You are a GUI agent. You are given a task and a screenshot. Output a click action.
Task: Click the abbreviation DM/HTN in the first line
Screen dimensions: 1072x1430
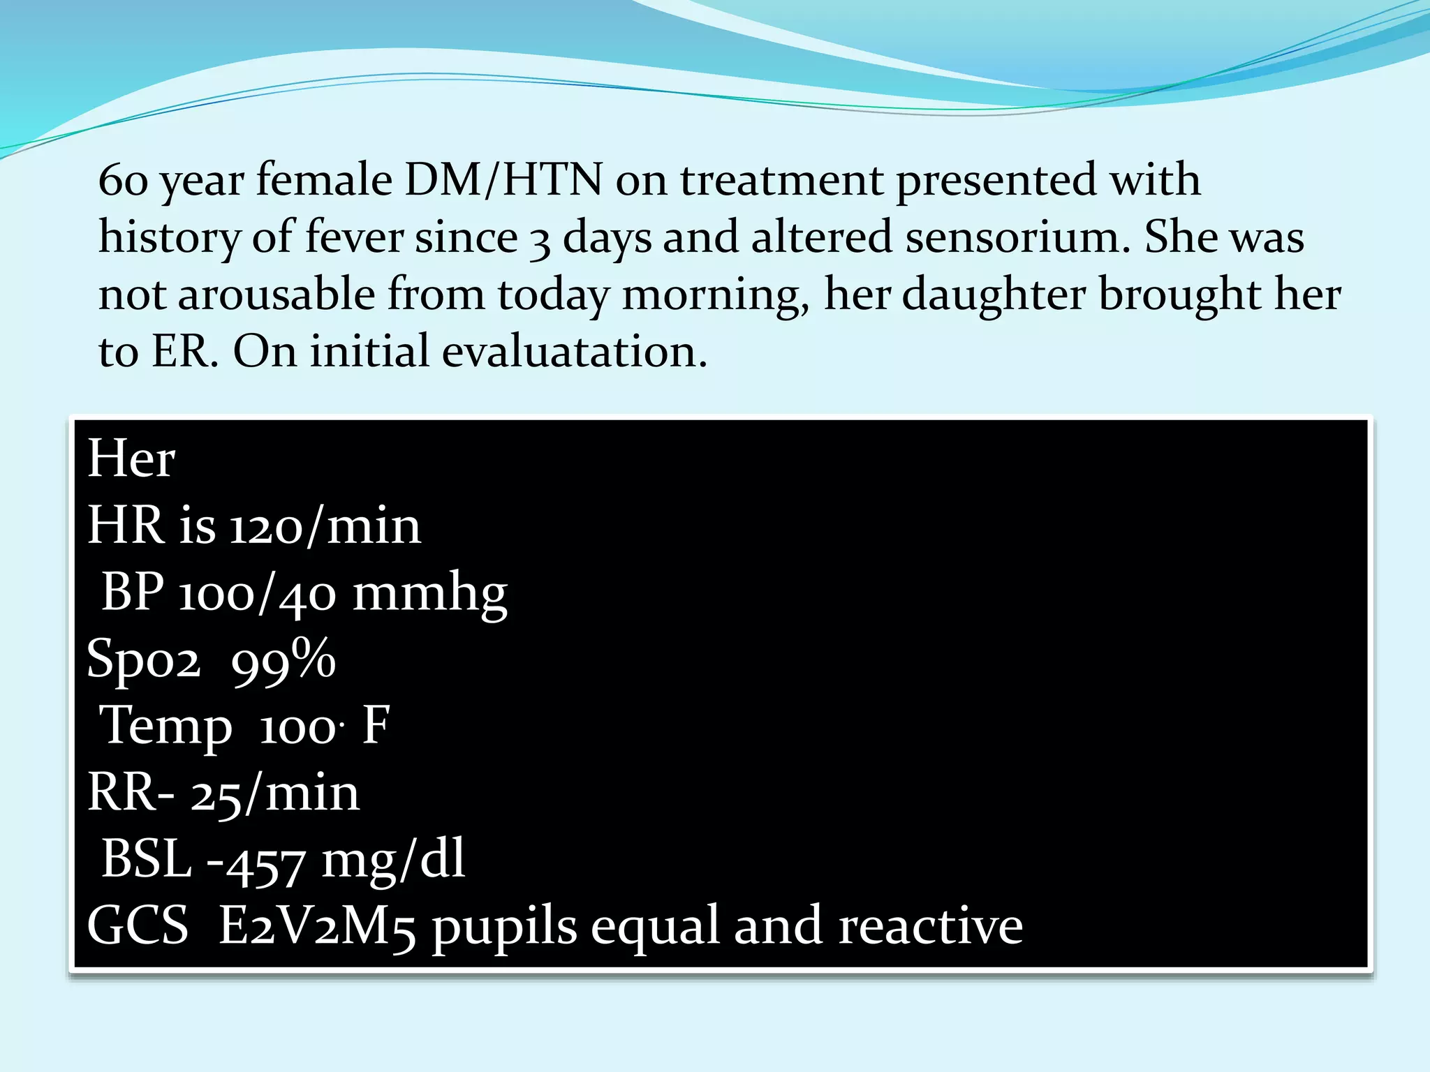[503, 180]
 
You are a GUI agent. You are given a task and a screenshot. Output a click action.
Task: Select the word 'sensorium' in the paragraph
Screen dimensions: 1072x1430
[1017, 237]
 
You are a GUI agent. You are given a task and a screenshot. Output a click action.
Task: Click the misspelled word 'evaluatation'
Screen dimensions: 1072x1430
[574, 351]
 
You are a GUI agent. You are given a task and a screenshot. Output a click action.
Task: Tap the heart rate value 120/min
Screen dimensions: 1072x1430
[325, 526]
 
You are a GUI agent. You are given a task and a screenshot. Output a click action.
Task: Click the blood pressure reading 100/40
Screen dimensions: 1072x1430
[258, 593]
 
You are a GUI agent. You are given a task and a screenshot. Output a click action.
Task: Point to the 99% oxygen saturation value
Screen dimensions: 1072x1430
[283, 660]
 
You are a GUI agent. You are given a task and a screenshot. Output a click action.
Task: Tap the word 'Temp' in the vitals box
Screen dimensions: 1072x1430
[166, 727]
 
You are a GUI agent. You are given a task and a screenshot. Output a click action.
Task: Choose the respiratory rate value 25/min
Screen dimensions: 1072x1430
[275, 794]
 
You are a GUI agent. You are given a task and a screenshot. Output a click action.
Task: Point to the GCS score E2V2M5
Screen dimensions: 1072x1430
[318, 927]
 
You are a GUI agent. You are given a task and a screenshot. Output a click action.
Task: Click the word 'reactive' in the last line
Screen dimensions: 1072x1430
[930, 927]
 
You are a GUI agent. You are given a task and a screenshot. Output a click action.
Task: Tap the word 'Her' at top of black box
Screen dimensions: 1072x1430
[131, 459]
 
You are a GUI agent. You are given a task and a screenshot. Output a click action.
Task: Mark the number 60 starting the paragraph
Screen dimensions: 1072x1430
[123, 181]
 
